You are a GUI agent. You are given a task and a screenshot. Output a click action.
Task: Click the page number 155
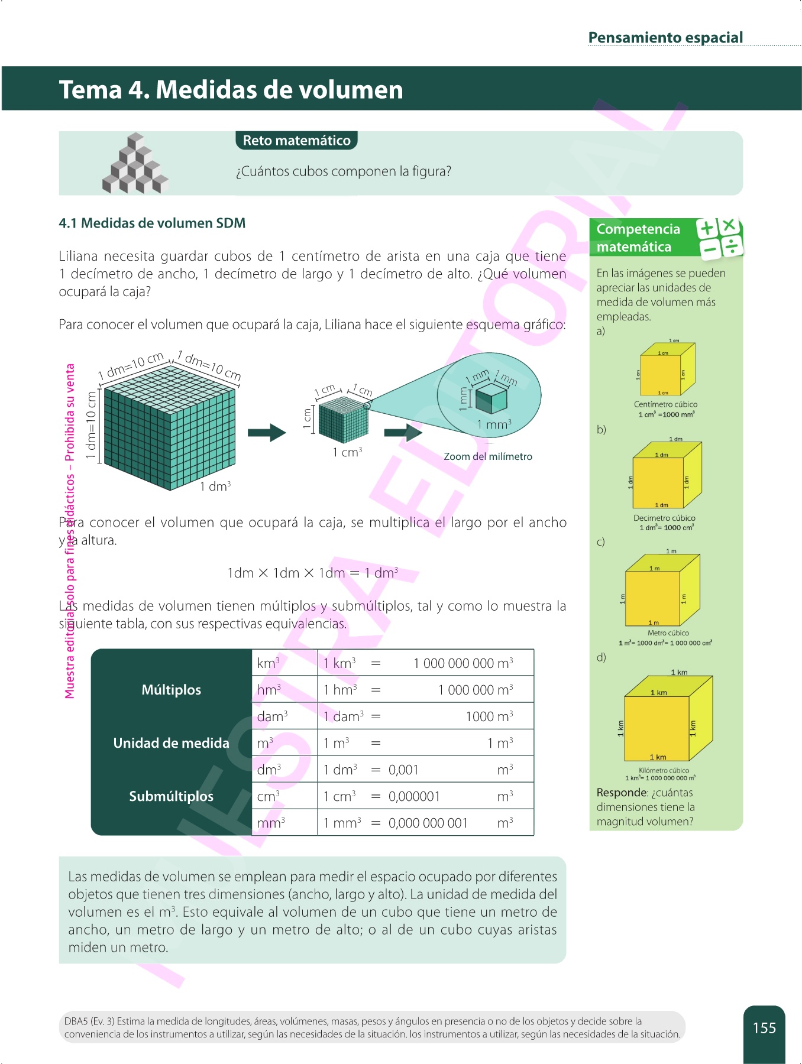tap(764, 1028)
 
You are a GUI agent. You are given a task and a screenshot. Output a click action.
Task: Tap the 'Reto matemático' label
tap(296, 141)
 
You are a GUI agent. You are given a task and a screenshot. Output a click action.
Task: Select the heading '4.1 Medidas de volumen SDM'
tap(152, 223)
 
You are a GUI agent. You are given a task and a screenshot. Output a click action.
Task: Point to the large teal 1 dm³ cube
tap(169, 429)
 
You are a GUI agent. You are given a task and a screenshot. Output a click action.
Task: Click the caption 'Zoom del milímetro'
tap(488, 456)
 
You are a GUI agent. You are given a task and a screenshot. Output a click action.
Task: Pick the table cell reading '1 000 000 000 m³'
tap(463, 663)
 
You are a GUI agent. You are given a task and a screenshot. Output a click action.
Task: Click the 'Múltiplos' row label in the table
tap(171, 690)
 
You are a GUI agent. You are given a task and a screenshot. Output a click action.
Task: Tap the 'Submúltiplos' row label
tap(171, 796)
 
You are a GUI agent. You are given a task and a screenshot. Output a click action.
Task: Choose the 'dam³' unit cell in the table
tap(272, 716)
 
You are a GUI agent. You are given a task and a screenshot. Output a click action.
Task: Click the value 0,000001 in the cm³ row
tap(414, 796)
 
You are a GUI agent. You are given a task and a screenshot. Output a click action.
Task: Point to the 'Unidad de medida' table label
tap(171, 743)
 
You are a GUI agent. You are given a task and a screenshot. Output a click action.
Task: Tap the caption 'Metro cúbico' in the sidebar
tap(668, 632)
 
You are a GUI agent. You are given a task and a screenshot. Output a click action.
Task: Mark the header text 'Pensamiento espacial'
tap(665, 38)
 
